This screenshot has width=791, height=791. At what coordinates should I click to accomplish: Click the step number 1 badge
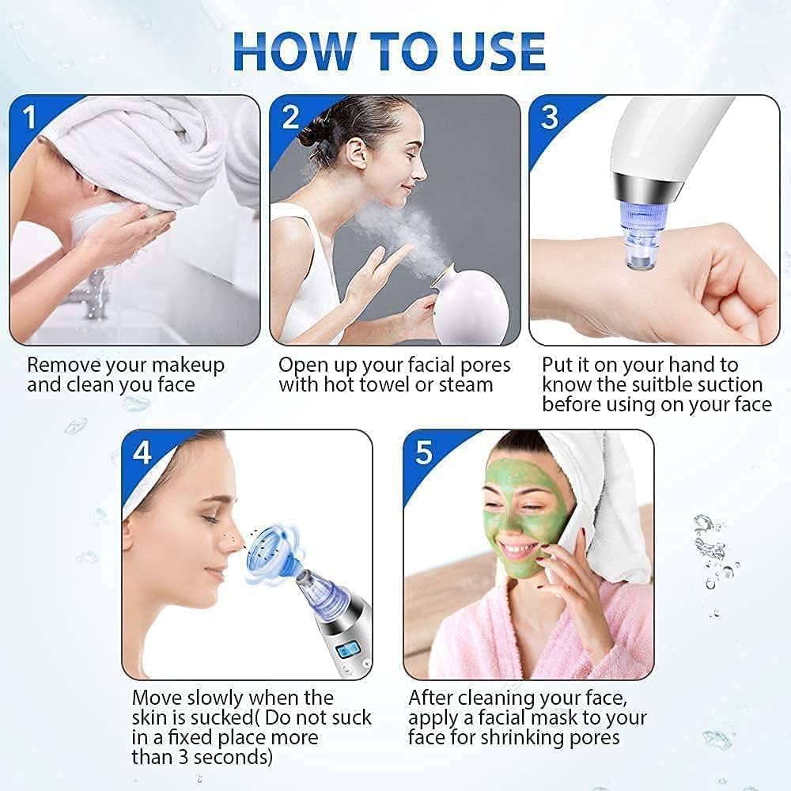[x=30, y=118]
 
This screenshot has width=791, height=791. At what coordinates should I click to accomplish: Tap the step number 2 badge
[x=290, y=118]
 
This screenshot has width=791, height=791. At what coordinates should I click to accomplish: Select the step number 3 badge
[x=550, y=118]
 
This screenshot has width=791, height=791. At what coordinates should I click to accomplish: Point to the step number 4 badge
[x=142, y=452]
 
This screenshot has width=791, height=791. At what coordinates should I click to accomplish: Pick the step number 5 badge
[x=424, y=452]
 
